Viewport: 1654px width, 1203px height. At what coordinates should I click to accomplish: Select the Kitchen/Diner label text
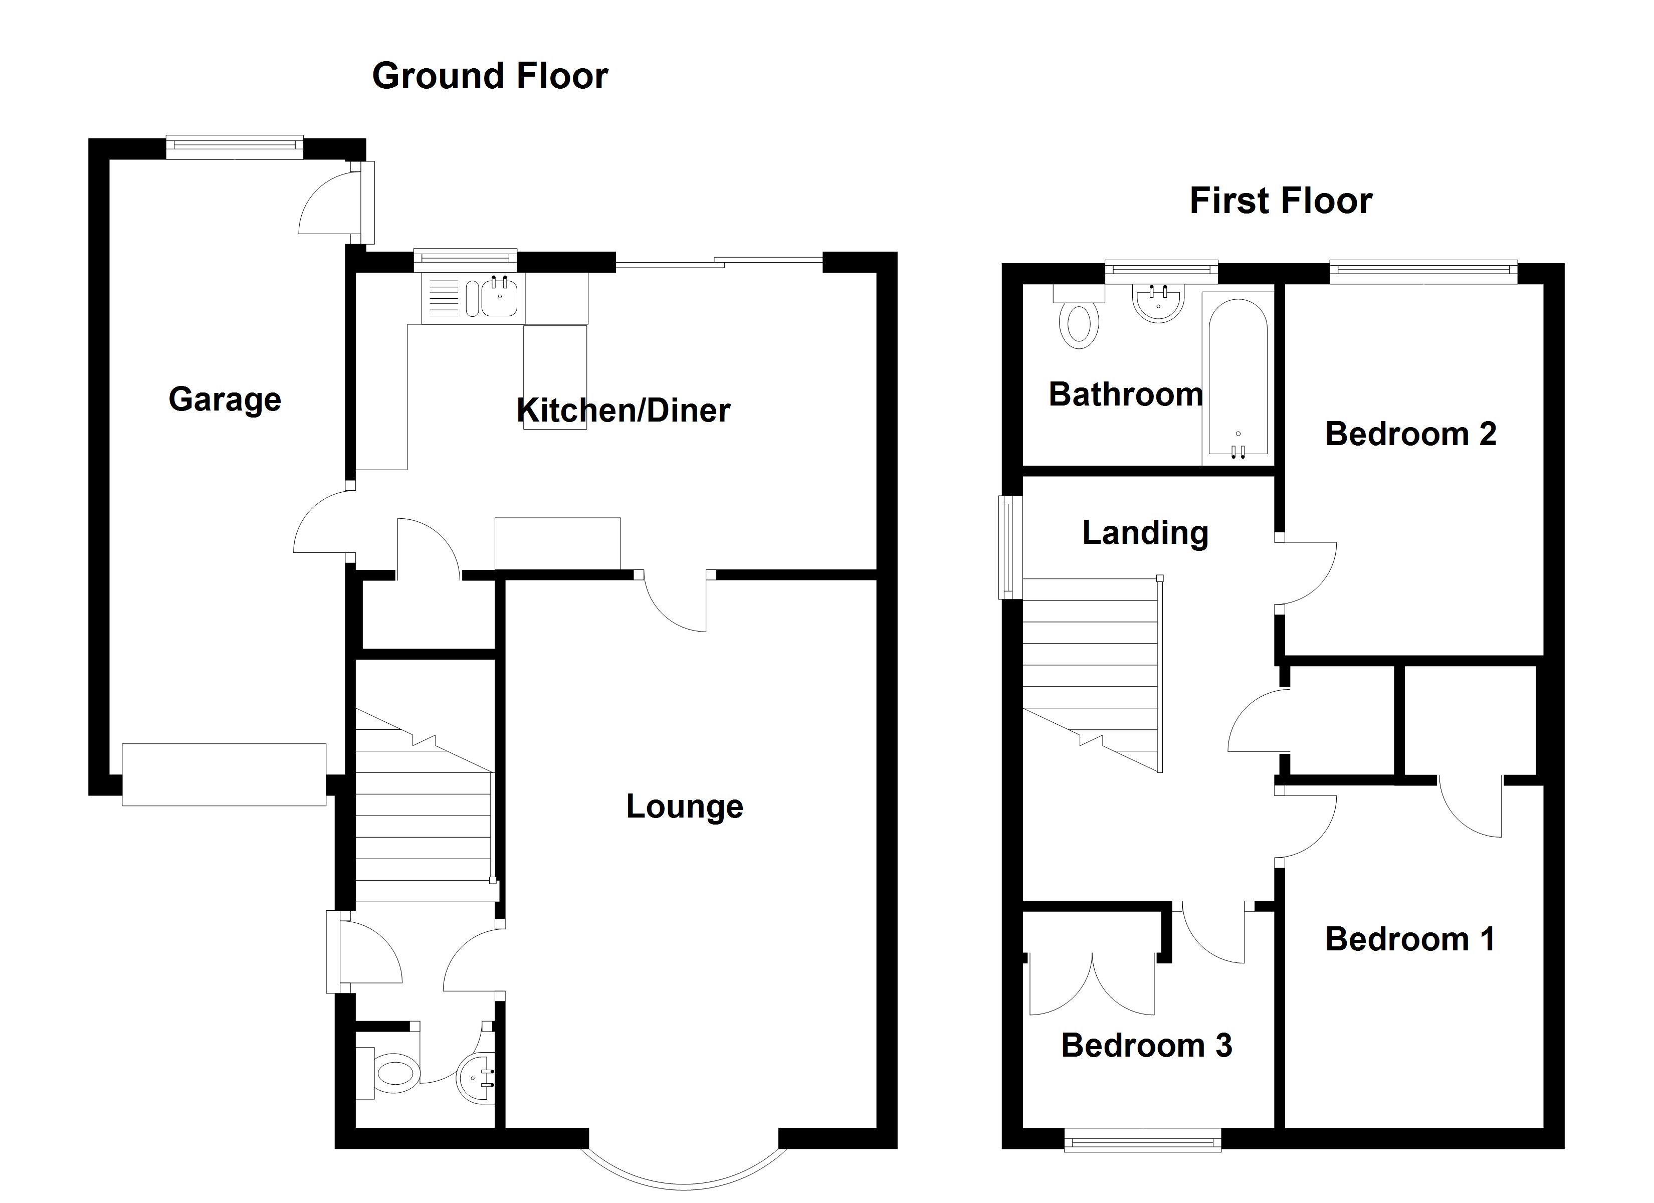[x=623, y=410]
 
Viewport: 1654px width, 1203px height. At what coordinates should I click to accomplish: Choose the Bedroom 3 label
[x=1146, y=1046]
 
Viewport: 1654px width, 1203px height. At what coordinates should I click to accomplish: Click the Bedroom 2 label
[x=1410, y=434]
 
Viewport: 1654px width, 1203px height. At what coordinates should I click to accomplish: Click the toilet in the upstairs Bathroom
[x=1079, y=321]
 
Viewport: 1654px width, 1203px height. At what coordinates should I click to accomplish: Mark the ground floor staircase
[x=423, y=810]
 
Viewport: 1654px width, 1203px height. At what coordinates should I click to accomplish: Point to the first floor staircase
[x=1090, y=671]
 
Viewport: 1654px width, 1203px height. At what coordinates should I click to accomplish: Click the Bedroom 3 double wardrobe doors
[x=1092, y=985]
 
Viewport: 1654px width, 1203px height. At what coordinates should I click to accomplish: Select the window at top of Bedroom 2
[x=1423, y=273]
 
